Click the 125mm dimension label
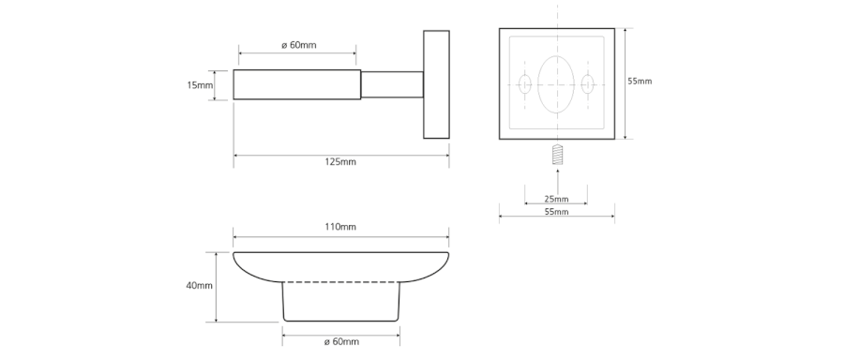[x=341, y=162]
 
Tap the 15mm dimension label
[x=200, y=85]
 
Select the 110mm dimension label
[x=341, y=227]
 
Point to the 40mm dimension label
[x=199, y=286]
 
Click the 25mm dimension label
[x=556, y=199]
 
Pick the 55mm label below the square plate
[x=556, y=212]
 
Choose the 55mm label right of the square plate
[x=640, y=82]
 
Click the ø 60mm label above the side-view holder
[x=299, y=45]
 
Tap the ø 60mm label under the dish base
[x=341, y=341]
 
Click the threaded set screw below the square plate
[x=557, y=156]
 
